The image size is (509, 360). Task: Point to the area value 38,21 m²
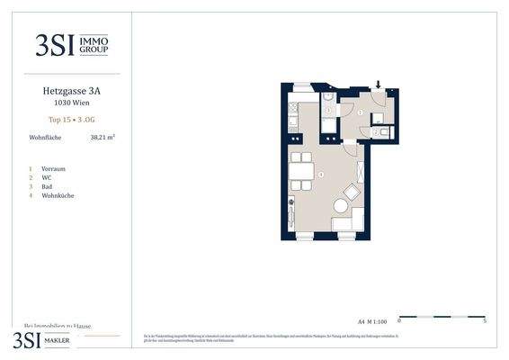[103, 139]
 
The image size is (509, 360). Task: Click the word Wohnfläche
[44, 139]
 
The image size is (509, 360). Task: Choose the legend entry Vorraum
[53, 168]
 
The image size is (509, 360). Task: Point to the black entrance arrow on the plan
[379, 86]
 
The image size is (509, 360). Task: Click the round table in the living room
[341, 206]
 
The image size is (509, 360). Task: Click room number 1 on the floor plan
[359, 112]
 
